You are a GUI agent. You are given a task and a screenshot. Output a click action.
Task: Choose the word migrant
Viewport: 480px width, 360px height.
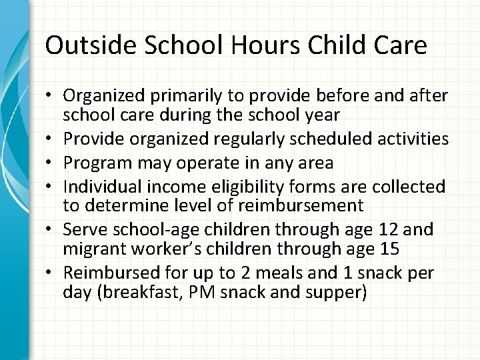tap(94, 249)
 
